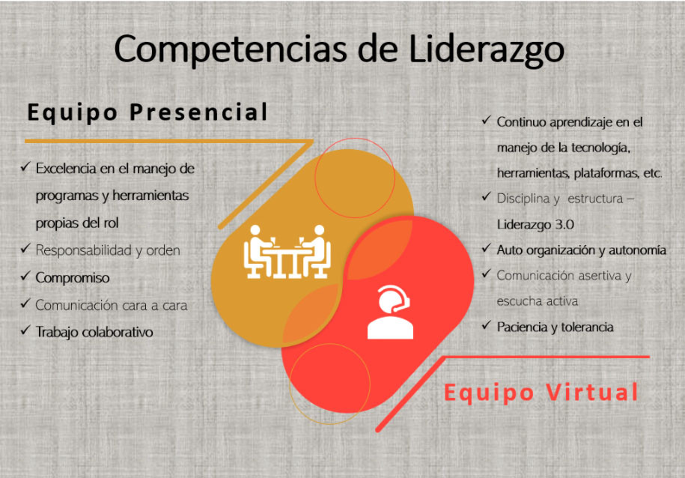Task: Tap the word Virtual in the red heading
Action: click(592, 392)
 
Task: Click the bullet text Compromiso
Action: click(73, 278)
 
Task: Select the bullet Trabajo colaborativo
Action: click(94, 331)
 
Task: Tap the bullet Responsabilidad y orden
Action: click(108, 250)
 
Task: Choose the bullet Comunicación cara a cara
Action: click(112, 305)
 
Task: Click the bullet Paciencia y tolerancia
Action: click(555, 327)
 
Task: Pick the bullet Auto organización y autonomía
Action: click(581, 250)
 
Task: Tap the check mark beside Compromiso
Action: click(25, 277)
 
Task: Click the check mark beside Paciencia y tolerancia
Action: click(487, 326)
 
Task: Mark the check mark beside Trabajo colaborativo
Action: click(25, 330)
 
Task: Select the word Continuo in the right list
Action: click(521, 121)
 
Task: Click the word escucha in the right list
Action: click(517, 301)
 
